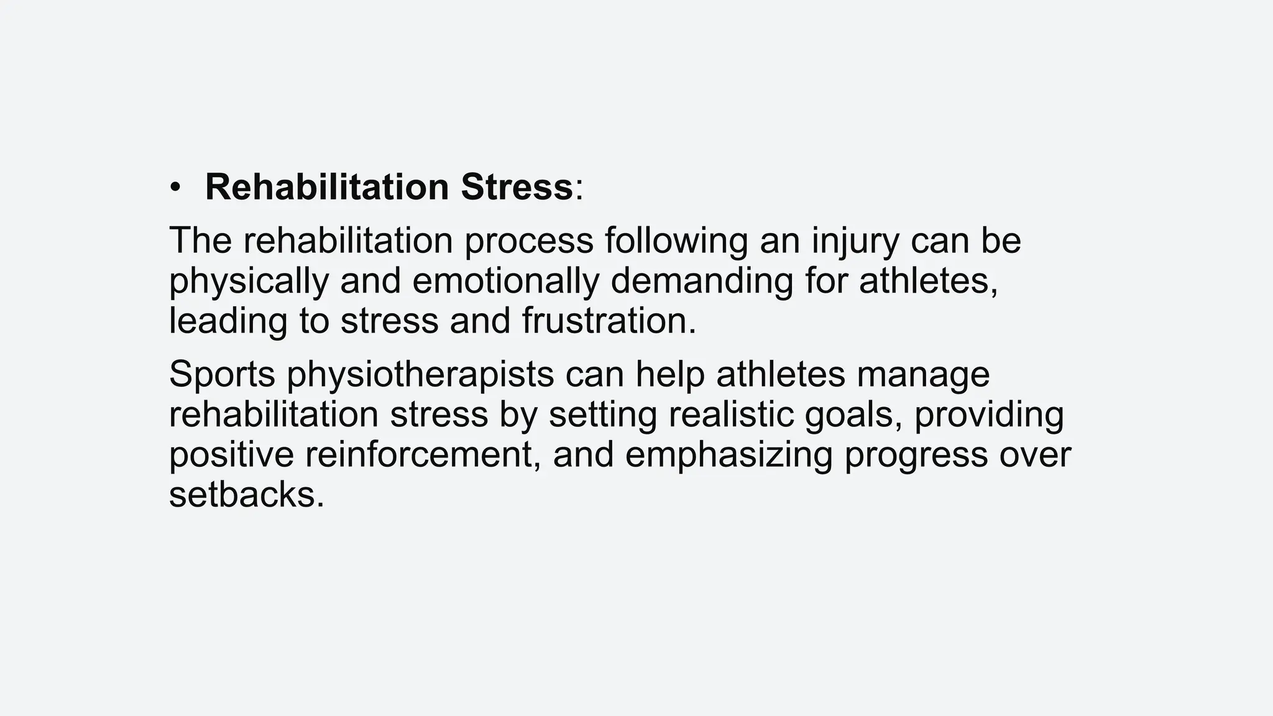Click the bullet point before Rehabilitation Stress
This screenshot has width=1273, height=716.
(175, 188)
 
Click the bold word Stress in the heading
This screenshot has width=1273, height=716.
(517, 186)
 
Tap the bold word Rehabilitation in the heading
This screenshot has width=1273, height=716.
(327, 186)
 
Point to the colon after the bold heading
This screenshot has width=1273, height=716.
(579, 189)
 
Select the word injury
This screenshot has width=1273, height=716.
(855, 241)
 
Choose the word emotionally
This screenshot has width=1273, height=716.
(505, 282)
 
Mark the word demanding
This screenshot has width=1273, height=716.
(702, 282)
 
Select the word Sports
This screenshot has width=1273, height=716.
(222, 375)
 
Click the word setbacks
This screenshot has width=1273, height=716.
(247, 495)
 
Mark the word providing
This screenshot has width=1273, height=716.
(989, 415)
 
